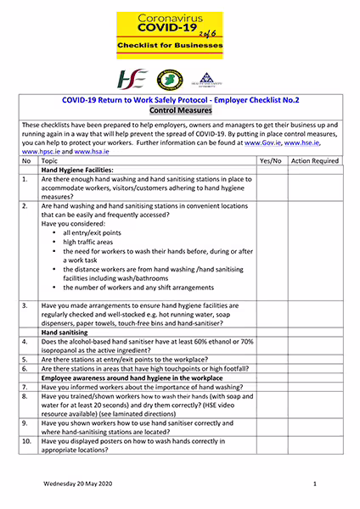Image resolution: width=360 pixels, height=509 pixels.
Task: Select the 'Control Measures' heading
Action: point(179,110)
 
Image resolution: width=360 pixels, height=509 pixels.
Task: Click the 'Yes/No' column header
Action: point(271,160)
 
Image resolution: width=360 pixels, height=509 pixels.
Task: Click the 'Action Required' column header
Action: point(314,160)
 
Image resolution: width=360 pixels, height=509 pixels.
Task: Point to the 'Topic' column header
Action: point(50,160)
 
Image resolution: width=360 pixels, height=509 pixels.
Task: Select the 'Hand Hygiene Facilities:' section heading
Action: point(77,170)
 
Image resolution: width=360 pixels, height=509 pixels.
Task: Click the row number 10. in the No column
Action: point(26,442)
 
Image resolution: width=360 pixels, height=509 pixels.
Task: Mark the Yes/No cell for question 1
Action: point(271,188)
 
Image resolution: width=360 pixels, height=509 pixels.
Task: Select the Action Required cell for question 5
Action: point(314,359)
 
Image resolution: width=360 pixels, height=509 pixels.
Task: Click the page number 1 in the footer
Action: point(314,483)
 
